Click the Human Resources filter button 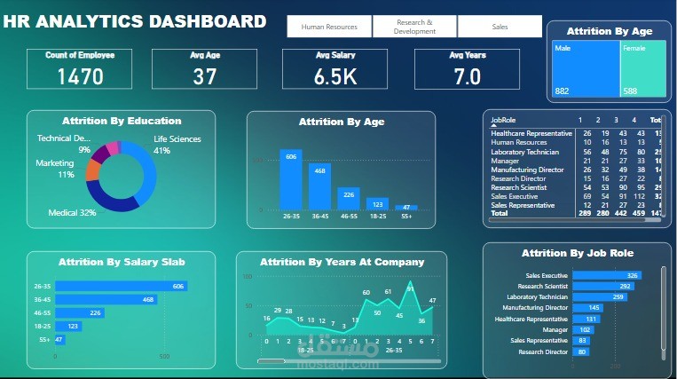tap(329, 27)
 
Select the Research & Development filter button tap(415, 27)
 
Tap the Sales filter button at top tap(500, 27)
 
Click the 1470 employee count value tap(80, 76)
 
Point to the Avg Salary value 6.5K tap(335, 76)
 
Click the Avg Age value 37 tap(205, 76)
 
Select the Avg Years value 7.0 tap(467, 76)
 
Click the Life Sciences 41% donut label tap(177, 145)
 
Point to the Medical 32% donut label tap(72, 213)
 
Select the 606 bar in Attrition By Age tap(291, 178)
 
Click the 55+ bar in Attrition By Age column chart tap(406, 207)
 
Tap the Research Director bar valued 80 tap(581, 351)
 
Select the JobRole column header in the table tap(503, 119)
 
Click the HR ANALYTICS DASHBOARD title tap(134, 21)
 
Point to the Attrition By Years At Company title tap(342, 262)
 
